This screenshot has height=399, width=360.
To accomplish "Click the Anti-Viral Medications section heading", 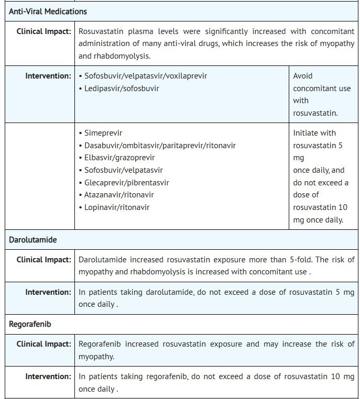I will point(48,11).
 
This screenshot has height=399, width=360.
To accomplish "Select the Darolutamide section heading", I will point(32,239).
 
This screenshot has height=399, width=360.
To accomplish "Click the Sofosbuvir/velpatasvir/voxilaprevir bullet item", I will point(146,76).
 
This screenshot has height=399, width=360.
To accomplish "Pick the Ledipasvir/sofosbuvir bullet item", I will point(122,88).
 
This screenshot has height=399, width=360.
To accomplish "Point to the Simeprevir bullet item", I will point(103,133).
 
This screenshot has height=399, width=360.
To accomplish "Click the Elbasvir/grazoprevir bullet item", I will point(119,158).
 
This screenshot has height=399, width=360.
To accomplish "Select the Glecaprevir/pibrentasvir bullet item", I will point(126,183).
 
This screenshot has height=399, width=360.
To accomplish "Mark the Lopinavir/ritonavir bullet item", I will point(117,207).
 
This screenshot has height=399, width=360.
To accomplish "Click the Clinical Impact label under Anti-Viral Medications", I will point(43,31).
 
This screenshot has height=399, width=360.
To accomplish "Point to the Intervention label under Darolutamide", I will point(48,292).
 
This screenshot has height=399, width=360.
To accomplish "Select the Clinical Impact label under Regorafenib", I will point(43,344).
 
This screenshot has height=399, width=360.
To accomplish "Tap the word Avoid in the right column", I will point(303,76).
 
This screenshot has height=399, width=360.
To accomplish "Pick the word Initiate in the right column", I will point(305,133).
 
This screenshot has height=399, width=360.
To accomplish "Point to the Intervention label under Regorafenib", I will point(48,376).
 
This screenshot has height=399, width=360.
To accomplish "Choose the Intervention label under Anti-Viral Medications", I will point(48,76).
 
